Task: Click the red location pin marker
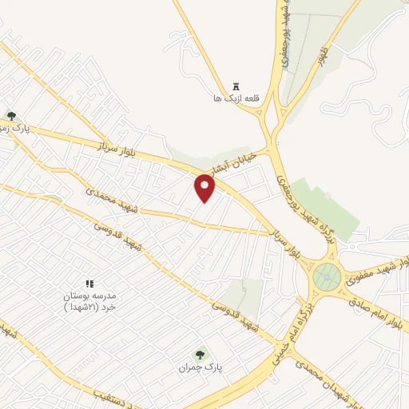(206, 188)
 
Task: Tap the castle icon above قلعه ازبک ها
(236, 85)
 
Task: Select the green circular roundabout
(327, 277)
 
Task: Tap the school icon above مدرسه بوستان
(89, 284)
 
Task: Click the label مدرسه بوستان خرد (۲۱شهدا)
(90, 301)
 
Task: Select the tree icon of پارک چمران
(200, 354)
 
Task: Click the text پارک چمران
(199, 367)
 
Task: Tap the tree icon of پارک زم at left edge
(10, 116)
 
